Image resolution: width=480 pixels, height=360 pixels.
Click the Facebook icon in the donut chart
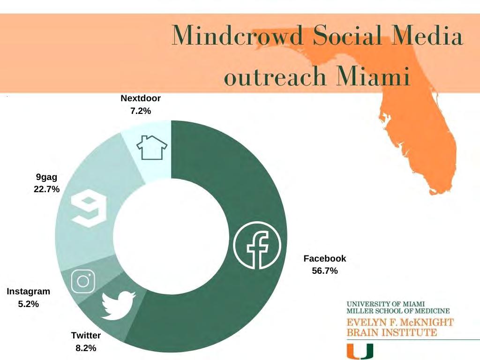point(257,245)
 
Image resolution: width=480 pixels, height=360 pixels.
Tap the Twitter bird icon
point(118,306)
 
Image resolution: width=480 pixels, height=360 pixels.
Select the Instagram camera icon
point(83,281)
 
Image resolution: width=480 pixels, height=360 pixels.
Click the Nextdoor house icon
point(152,148)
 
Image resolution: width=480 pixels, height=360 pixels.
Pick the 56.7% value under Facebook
point(325,271)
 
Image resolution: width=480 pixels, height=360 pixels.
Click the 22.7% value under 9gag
point(46,189)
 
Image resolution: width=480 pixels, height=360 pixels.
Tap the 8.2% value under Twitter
point(86,348)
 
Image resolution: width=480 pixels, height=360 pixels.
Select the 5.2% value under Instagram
point(29,304)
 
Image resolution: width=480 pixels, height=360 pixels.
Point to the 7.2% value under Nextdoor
point(141,111)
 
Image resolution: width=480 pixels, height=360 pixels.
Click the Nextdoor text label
point(141,98)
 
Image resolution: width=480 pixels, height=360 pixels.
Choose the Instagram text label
point(29,292)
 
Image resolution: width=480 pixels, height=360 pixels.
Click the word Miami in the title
point(373,75)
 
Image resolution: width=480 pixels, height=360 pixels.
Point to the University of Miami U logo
point(360,351)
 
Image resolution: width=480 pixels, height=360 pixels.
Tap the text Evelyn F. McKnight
point(400,322)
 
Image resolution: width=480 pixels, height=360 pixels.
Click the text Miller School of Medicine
point(398,311)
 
